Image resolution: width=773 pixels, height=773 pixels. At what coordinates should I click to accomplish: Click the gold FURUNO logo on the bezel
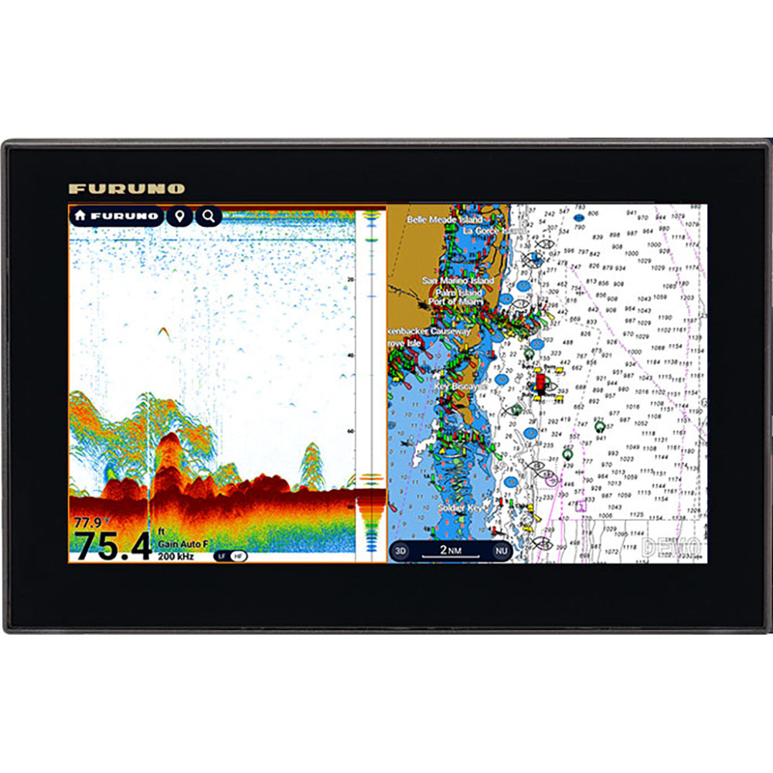(x=126, y=189)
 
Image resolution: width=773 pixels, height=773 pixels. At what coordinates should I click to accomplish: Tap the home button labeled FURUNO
(x=116, y=216)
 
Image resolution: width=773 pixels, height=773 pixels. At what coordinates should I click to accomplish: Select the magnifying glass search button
(x=209, y=216)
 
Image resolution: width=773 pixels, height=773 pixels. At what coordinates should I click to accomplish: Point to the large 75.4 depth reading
(x=112, y=547)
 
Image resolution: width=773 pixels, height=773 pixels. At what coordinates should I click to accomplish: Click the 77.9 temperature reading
(x=88, y=523)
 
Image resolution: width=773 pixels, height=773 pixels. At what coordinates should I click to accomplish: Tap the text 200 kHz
(x=175, y=556)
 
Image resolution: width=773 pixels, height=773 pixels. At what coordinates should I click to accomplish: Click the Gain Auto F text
(x=182, y=544)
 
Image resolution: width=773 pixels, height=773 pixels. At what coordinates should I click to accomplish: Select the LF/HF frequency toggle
(x=230, y=556)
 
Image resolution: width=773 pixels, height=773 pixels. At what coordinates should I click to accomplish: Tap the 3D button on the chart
(x=400, y=551)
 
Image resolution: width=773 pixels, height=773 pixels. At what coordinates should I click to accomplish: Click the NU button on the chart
(x=502, y=551)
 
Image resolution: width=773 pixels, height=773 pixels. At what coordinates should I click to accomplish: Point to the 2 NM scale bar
(x=451, y=551)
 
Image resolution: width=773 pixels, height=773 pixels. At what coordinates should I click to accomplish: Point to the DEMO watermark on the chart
(x=671, y=547)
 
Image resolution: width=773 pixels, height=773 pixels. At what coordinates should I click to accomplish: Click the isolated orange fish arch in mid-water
(x=164, y=332)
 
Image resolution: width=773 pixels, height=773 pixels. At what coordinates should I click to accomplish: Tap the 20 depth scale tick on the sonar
(x=352, y=280)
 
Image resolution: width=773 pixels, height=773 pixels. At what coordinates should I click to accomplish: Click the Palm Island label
(x=458, y=293)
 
